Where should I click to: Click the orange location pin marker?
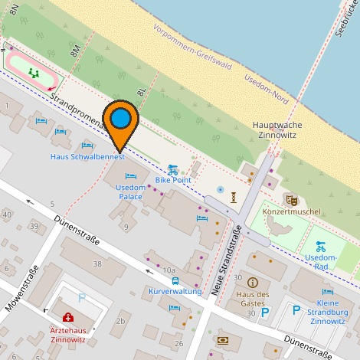[x=121, y=123]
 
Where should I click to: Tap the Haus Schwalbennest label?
[x=87, y=158]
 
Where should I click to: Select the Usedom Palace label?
[x=129, y=191]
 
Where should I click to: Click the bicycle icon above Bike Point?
[x=173, y=169]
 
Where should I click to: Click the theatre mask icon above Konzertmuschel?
[x=291, y=199]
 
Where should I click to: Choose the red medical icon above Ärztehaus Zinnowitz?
[x=68, y=316]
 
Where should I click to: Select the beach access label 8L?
[x=142, y=91]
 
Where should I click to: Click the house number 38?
[x=97, y=263]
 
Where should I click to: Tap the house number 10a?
[x=169, y=270]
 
